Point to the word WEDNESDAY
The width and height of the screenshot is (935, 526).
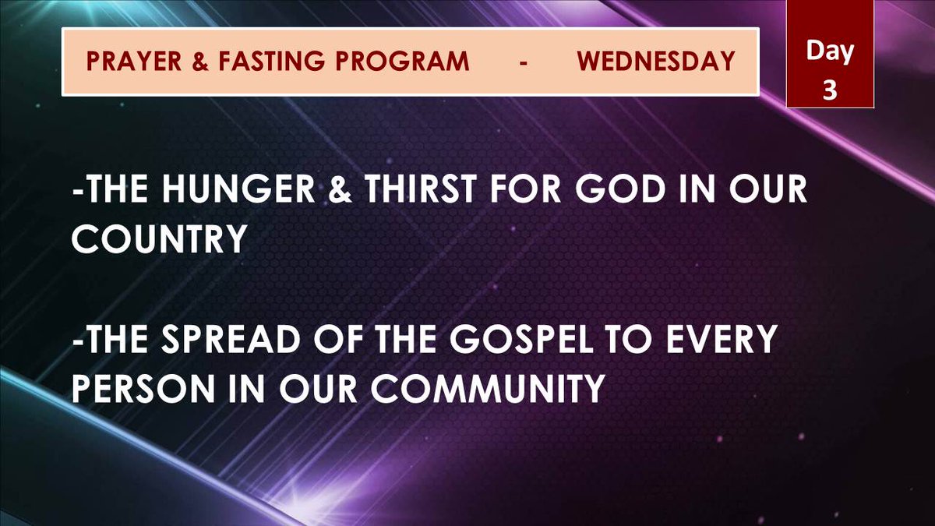click(656, 62)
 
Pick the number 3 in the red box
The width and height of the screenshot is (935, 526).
click(829, 89)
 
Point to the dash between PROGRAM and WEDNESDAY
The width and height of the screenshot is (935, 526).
click(524, 62)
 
